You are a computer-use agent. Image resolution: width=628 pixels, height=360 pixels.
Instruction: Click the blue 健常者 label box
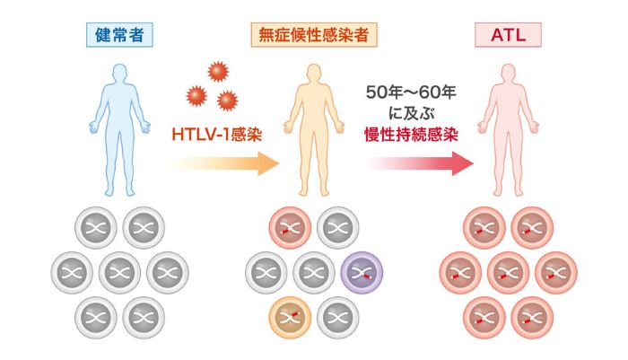coord(118,36)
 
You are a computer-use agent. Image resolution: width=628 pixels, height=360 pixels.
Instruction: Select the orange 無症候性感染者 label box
coord(313,36)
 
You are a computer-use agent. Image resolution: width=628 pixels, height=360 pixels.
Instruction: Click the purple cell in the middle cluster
coord(362,271)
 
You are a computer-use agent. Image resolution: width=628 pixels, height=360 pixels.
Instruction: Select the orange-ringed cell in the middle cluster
coord(290,315)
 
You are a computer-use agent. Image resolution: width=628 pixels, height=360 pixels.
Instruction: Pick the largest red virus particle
coord(216,73)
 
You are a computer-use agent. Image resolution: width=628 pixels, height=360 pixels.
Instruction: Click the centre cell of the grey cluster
coord(118,271)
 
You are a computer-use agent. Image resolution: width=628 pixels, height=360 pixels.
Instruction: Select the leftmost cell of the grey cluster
coord(74,271)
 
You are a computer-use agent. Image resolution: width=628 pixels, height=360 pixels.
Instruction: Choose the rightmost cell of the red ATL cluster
coord(554,271)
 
